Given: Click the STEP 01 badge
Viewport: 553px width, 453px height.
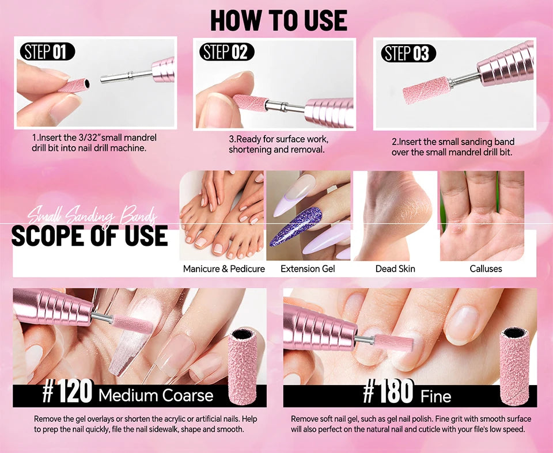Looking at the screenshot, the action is pyautogui.click(x=47, y=51).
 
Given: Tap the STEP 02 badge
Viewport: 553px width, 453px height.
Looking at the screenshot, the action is pyautogui.click(x=227, y=52).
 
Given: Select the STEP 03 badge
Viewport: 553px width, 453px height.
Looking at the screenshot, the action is pyautogui.click(x=408, y=54).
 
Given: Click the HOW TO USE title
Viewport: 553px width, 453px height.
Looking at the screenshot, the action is pyautogui.click(x=279, y=21).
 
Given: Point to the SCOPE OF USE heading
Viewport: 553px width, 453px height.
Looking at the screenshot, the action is pyautogui.click(x=90, y=236).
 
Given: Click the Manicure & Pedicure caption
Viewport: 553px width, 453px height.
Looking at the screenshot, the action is pyautogui.click(x=224, y=269).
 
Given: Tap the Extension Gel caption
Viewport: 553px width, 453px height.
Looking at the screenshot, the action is pyautogui.click(x=308, y=269).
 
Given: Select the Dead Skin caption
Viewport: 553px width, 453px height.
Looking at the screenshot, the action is pyautogui.click(x=395, y=269).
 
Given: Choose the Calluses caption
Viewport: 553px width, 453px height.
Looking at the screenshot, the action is pyautogui.click(x=486, y=269).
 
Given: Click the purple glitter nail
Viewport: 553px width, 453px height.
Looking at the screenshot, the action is pyautogui.click(x=296, y=226).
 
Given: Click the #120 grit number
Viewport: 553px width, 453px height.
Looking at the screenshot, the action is pyautogui.click(x=67, y=391).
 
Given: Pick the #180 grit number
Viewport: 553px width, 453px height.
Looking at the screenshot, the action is pyautogui.click(x=388, y=391).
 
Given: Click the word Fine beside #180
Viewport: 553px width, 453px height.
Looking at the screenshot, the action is pyautogui.click(x=436, y=397).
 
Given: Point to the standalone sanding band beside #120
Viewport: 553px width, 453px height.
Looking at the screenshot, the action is pyautogui.click(x=243, y=367).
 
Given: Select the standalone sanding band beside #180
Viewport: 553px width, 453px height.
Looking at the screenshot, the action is pyautogui.click(x=514, y=366).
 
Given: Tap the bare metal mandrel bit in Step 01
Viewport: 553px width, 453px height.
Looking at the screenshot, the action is pyautogui.click(x=126, y=76).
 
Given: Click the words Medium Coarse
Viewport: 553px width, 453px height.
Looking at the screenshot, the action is pyautogui.click(x=156, y=395).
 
